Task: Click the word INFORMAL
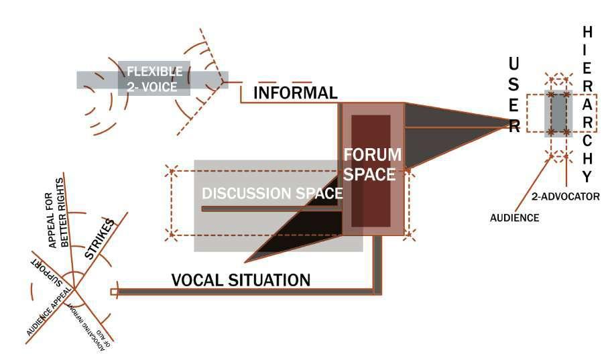click(x=294, y=93)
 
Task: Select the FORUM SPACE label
click(x=373, y=164)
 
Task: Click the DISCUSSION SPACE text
click(x=272, y=193)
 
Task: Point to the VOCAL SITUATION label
click(x=241, y=280)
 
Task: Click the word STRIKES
click(x=101, y=239)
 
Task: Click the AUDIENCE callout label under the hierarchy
click(x=515, y=217)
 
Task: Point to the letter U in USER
click(x=513, y=64)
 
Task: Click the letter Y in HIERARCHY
click(x=587, y=177)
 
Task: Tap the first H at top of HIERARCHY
click(x=587, y=32)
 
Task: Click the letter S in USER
click(x=513, y=84)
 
